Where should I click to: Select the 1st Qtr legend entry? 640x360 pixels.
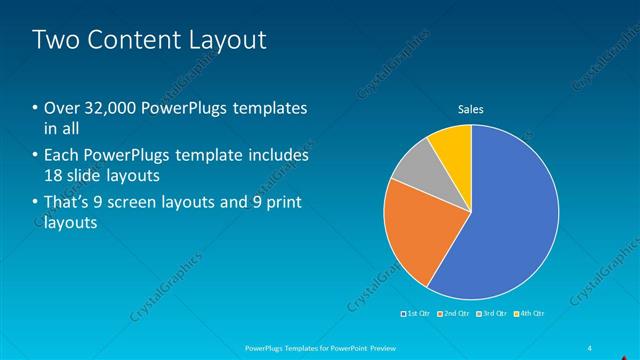coord(415,314)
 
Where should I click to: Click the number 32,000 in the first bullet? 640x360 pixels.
coord(106,108)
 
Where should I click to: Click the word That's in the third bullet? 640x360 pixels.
coord(68,204)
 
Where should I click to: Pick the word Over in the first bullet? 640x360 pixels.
coord(63,108)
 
